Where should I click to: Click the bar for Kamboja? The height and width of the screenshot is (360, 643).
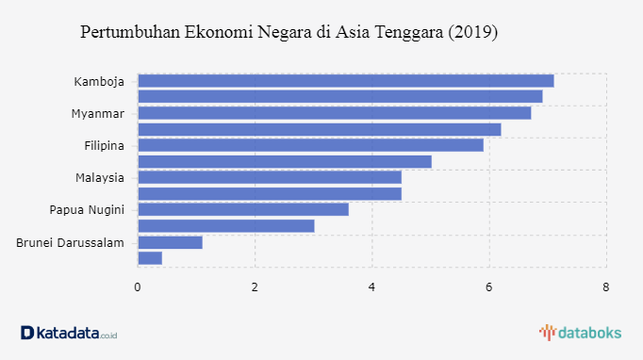346,81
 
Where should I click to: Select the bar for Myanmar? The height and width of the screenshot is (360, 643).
335,113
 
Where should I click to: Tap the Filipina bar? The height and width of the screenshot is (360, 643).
311,145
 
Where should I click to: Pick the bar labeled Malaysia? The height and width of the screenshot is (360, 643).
270,177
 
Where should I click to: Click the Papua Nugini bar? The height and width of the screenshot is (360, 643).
243,209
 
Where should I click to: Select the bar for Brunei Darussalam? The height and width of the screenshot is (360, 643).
171,242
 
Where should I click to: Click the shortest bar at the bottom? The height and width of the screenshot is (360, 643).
150,258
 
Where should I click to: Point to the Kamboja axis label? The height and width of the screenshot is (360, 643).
99,82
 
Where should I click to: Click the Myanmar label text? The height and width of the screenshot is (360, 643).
98,114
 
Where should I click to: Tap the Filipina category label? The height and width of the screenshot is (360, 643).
104,145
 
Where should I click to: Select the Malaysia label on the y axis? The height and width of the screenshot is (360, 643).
100,178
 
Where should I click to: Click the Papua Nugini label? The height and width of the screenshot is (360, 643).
87,210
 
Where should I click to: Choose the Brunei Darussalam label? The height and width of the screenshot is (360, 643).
70,243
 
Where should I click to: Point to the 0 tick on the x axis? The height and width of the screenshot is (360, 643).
138,287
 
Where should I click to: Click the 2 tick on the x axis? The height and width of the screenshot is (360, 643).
255,287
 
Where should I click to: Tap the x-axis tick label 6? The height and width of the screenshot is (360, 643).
488,287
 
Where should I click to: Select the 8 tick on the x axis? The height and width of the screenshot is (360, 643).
606,287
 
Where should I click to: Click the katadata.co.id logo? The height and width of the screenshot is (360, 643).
69,333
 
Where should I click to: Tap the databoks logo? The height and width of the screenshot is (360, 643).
580,333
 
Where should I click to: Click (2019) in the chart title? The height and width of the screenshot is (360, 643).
472,32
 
